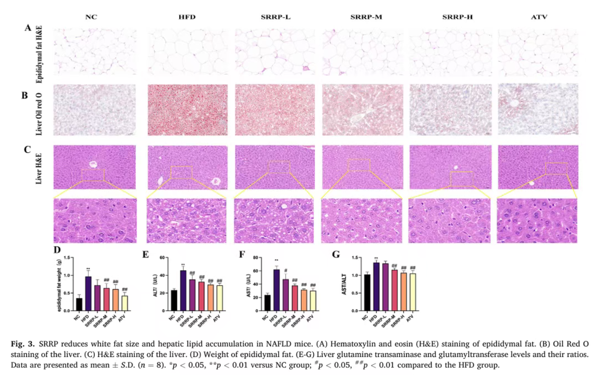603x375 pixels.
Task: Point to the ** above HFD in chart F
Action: [277, 261]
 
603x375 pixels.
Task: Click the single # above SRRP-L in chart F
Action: [286, 271]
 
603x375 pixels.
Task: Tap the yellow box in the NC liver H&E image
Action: [93, 175]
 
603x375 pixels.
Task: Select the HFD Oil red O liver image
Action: [187, 110]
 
